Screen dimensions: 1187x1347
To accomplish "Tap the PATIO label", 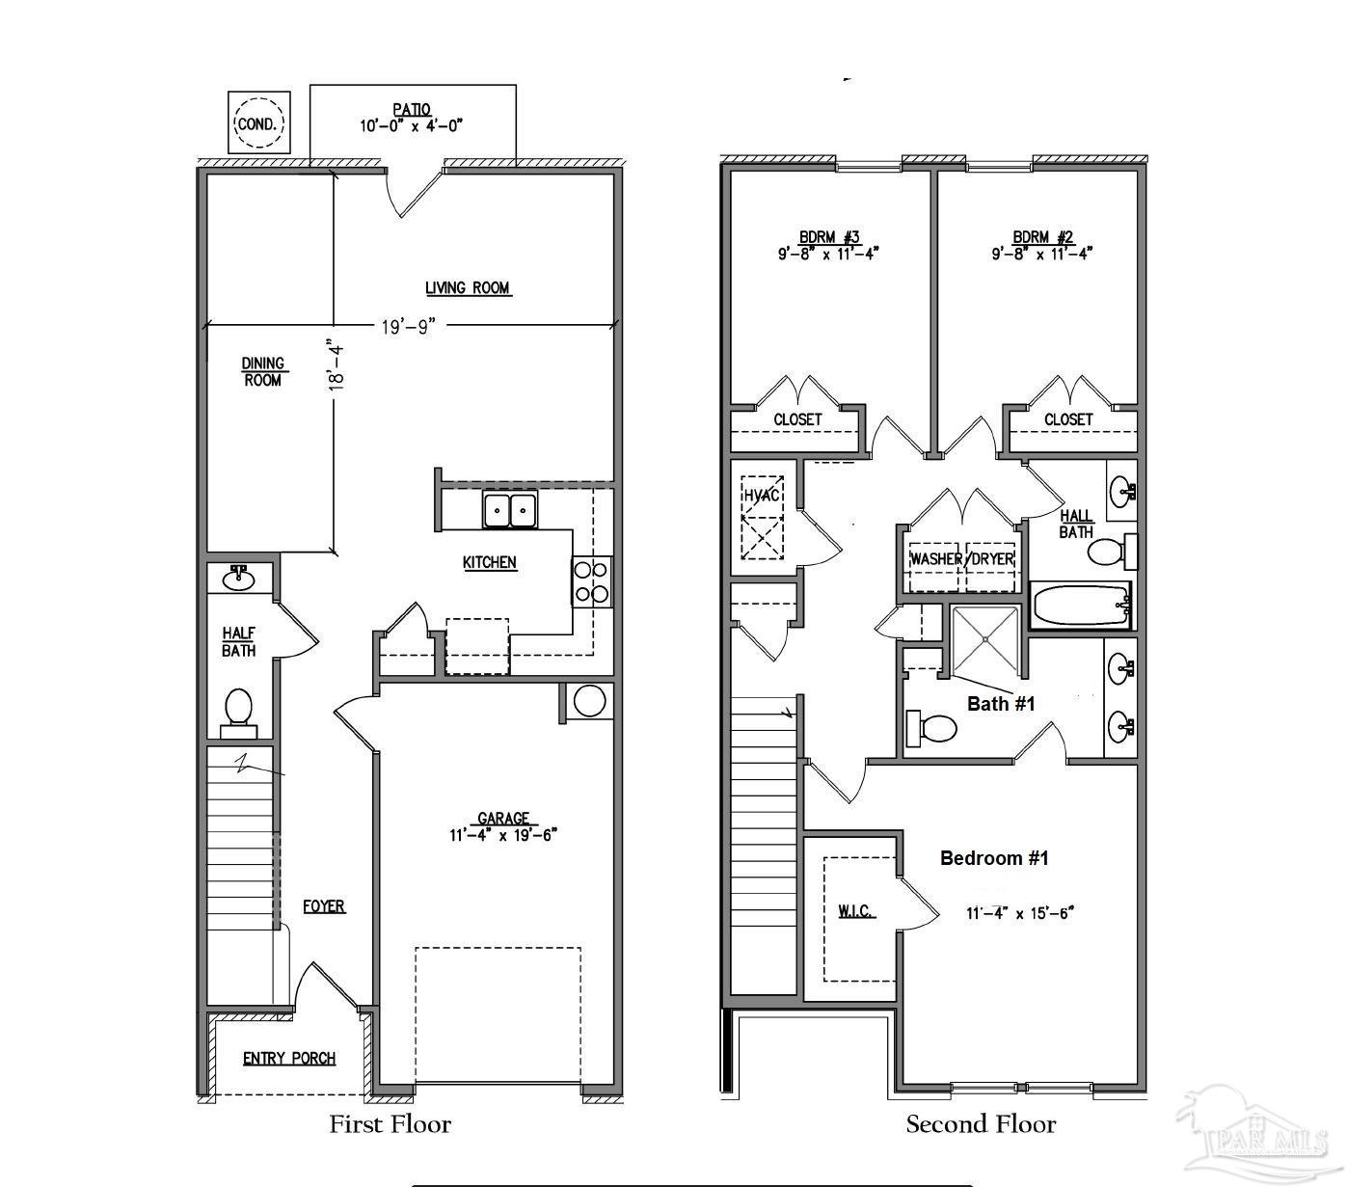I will click(x=412, y=110).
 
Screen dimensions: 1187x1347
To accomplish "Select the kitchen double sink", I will click(x=510, y=509).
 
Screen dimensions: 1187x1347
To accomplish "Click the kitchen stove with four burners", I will click(x=592, y=581).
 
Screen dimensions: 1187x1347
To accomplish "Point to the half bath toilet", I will click(x=237, y=707).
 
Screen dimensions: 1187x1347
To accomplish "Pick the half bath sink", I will click(x=237, y=579).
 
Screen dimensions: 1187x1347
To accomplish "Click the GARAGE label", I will click(x=502, y=819).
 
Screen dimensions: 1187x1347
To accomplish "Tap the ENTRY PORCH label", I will click(x=289, y=1059).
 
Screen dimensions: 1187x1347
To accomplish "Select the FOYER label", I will click(x=324, y=906).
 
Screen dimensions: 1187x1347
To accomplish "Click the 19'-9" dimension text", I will click(x=409, y=327).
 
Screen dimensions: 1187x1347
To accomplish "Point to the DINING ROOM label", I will click(x=262, y=371).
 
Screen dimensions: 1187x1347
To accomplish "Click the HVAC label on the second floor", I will click(x=761, y=495).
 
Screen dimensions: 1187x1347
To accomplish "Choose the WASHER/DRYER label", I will click(x=961, y=559).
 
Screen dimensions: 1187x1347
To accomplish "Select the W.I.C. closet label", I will click(x=855, y=911).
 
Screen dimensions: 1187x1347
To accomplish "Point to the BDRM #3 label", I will click(x=828, y=237).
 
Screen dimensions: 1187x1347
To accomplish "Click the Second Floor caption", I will click(x=981, y=1124).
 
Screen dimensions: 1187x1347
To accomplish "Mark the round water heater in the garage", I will click(x=588, y=701).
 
